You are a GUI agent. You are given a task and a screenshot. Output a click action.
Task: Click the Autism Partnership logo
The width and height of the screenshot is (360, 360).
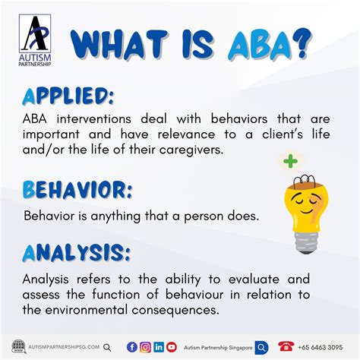tap(35, 40)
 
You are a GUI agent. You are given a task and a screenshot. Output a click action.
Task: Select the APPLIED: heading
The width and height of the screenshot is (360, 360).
tap(68, 96)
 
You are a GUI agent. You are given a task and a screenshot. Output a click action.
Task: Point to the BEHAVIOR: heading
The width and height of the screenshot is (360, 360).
tap(77, 190)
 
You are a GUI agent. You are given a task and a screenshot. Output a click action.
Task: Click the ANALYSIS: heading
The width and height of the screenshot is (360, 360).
tap(77, 253)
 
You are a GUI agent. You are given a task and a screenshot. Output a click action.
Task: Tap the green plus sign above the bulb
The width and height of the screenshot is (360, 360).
tap(290, 161)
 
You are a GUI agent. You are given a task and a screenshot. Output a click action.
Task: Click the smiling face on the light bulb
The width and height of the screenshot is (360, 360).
tap(306, 203)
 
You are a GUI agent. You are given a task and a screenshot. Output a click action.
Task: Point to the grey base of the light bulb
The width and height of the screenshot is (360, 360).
tap(307, 242)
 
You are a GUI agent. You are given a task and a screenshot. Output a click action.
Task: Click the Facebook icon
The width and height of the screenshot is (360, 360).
tap(132, 347)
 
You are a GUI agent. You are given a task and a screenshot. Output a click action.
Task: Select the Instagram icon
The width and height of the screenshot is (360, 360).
tap(145, 347)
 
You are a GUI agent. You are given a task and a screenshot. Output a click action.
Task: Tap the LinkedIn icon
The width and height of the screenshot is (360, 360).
tap(159, 347)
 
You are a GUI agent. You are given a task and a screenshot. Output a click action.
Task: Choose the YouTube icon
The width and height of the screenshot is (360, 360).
tap(172, 347)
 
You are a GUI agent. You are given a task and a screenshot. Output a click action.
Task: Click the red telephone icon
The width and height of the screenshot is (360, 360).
tap(286, 346)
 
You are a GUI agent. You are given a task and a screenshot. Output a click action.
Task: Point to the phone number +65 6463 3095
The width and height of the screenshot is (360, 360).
tap(321, 347)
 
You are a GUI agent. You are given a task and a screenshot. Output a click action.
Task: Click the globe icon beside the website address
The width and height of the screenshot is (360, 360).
tap(19, 346)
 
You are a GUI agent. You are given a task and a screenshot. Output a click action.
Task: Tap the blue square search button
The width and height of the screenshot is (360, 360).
tap(261, 348)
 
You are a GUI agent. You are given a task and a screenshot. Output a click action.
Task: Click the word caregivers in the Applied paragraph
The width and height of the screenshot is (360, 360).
tap(191, 150)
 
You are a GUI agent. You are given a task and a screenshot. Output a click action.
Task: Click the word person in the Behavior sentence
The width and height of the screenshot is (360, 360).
tap(204, 216)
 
